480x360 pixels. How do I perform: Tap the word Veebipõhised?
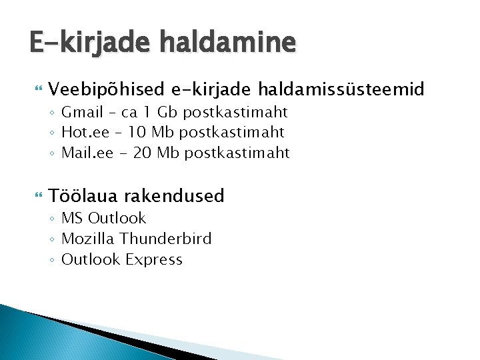click(106, 89)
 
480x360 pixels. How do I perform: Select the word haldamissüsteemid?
click(341, 89)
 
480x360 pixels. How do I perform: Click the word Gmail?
click(82, 112)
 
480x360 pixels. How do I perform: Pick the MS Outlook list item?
click(103, 218)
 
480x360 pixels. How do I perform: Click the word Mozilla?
click(86, 239)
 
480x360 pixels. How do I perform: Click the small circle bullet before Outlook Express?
click(52, 260)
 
